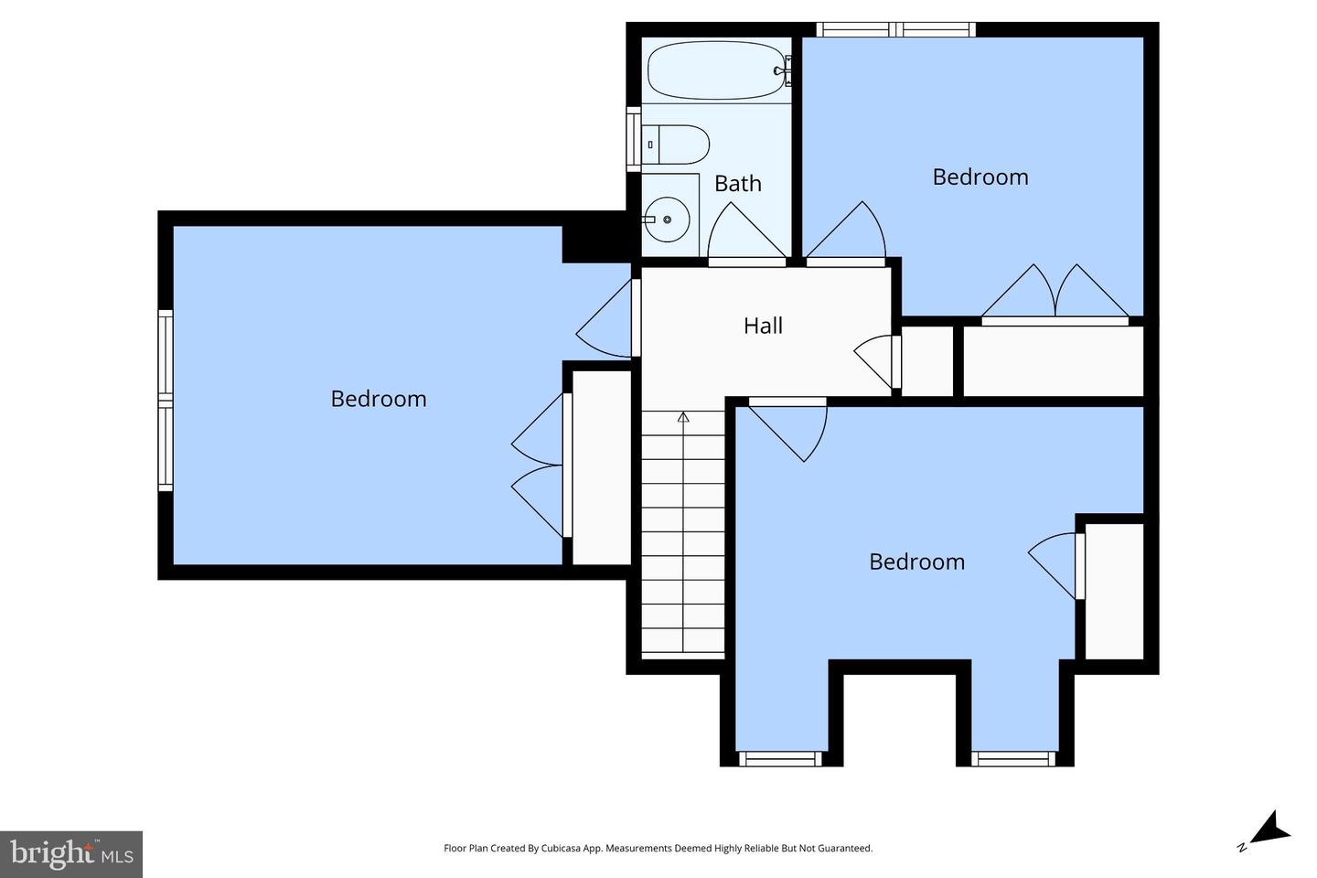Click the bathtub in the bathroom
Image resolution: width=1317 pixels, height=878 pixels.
coord(716,70)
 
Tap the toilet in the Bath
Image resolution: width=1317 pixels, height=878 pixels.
coord(677,145)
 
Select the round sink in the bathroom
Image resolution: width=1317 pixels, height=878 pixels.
coord(666,219)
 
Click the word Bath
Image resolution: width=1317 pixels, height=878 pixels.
coord(737,184)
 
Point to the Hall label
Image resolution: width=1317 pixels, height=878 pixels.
coord(763,326)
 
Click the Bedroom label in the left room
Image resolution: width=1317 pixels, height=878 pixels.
coord(378,399)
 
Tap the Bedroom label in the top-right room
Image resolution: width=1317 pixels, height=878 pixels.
coord(980,177)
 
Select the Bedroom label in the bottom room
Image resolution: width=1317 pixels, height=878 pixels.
coord(916,562)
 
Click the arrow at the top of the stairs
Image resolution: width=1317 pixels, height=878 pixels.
coord(683,418)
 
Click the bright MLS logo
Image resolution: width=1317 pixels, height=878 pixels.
coord(71,854)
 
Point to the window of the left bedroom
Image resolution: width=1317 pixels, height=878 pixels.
coord(166,400)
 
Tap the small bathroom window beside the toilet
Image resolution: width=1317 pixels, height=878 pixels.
coord(633,139)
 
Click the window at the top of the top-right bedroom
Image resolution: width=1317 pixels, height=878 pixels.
coord(895,30)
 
